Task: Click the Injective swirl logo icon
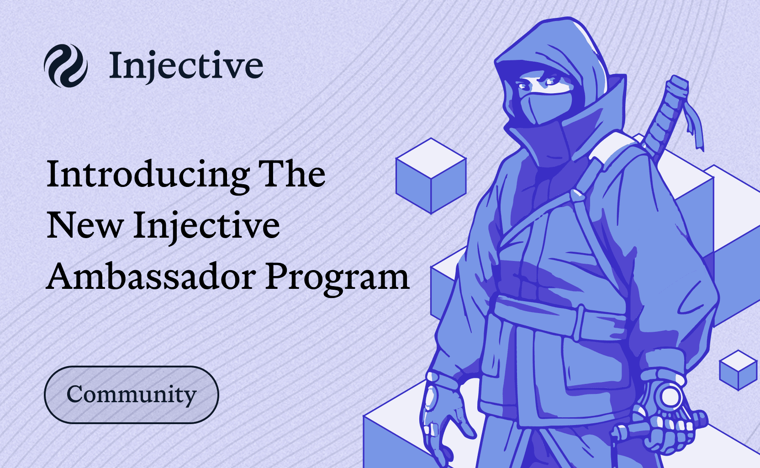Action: click(65, 65)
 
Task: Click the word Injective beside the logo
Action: click(186, 65)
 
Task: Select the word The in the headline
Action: click(291, 173)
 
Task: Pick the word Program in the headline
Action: click(337, 279)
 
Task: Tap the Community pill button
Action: click(131, 394)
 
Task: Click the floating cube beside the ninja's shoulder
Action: click(431, 176)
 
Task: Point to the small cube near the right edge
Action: click(738, 370)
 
